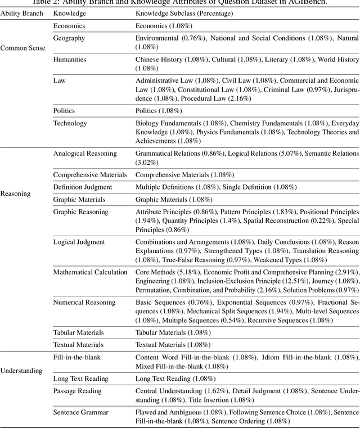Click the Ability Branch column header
(20, 13)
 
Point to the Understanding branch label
(21, 371)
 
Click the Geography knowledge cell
(69, 38)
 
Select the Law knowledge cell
(59, 80)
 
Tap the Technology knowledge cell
(70, 123)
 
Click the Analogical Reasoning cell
(85, 153)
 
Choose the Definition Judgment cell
(83, 187)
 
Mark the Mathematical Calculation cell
(90, 272)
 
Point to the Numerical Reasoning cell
(84, 302)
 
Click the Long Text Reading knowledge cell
(80, 379)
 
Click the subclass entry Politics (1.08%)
(159, 111)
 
